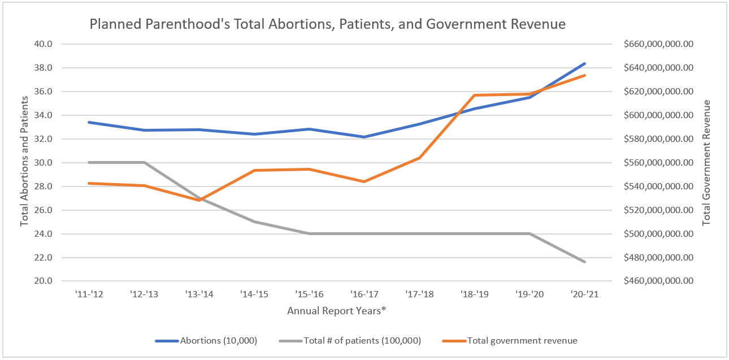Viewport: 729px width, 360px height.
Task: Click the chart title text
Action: click(x=328, y=24)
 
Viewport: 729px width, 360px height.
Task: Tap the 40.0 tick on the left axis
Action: click(x=44, y=44)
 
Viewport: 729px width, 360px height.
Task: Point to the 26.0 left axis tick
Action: click(x=44, y=210)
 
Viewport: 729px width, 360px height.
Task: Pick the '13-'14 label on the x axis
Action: click(x=199, y=294)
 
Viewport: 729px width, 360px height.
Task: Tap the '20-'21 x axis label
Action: click(x=585, y=294)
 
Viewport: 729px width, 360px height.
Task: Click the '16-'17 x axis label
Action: click(x=364, y=294)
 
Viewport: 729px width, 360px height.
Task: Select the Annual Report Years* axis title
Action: click(x=336, y=311)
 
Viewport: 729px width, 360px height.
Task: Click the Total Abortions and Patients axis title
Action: click(x=24, y=162)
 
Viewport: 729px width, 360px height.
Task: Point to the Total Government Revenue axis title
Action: click(x=706, y=163)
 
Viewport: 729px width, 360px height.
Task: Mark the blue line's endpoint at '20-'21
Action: click(x=585, y=63)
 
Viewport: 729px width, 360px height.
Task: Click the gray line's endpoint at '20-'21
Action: click(x=585, y=262)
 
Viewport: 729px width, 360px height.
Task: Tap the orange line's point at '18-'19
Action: click(x=475, y=96)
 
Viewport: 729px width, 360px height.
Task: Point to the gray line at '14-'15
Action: click(x=254, y=222)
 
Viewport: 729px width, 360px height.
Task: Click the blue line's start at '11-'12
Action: click(x=89, y=122)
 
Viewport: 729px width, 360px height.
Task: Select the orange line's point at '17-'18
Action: click(x=419, y=158)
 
